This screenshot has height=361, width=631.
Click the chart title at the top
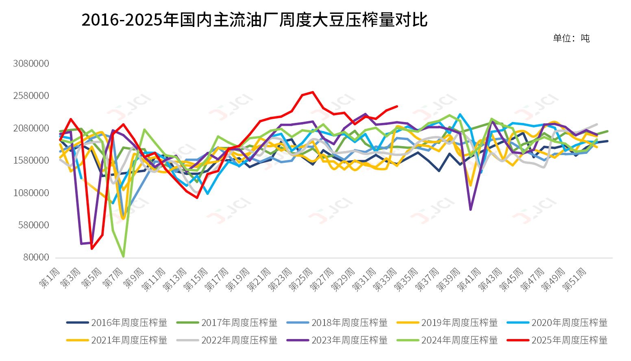(x=254, y=20)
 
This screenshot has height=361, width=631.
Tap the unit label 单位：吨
(x=571, y=38)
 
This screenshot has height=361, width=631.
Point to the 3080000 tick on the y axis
(x=31, y=63)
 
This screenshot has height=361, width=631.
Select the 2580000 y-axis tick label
(x=31, y=96)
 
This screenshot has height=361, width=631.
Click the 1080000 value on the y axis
(x=31, y=193)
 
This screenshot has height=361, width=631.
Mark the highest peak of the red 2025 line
(x=312, y=92)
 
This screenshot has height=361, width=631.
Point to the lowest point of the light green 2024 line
(x=123, y=256)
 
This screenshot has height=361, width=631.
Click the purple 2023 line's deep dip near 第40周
(x=470, y=210)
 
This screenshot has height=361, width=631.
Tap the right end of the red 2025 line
(x=397, y=106)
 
